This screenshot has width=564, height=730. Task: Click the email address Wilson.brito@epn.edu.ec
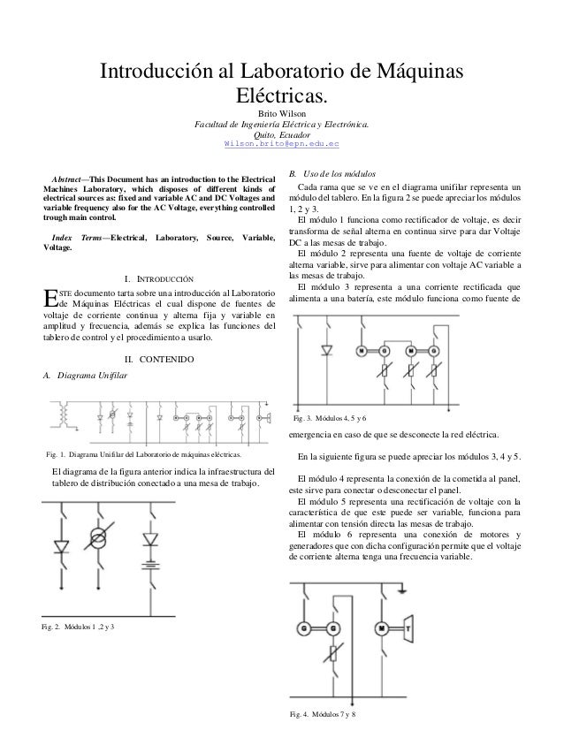282,144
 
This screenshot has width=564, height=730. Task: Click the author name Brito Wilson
282,114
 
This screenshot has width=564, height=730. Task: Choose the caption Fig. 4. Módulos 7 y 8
327,713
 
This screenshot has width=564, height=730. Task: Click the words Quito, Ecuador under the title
282,134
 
